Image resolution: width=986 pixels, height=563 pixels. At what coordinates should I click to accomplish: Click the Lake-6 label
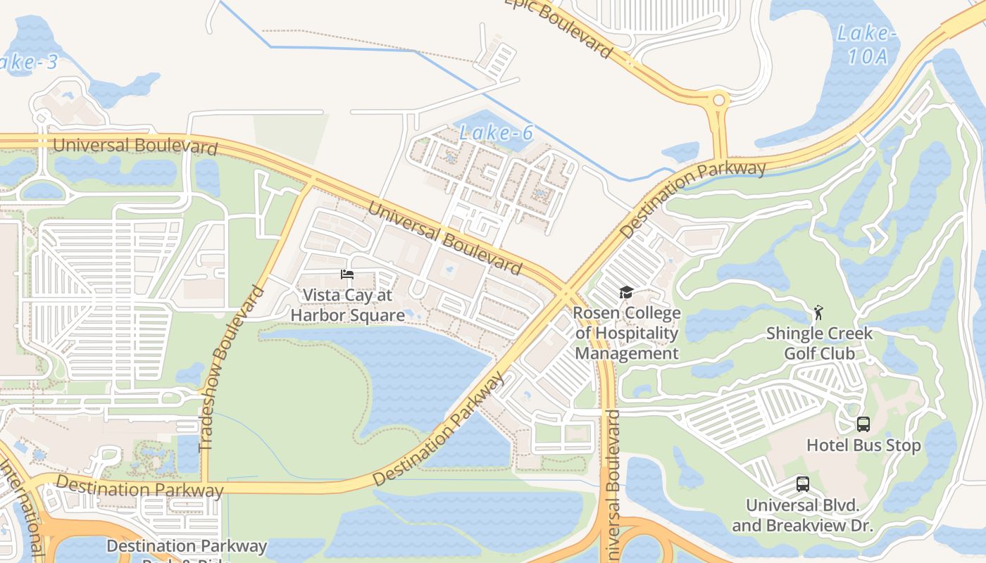[x=496, y=132]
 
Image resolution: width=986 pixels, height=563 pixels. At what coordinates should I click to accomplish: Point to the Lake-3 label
[x=28, y=62]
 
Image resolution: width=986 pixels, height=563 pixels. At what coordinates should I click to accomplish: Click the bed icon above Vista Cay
[x=347, y=274]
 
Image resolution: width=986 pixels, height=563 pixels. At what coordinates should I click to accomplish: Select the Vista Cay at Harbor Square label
[x=347, y=305]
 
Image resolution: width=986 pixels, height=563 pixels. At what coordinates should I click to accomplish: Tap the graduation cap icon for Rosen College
[x=626, y=293]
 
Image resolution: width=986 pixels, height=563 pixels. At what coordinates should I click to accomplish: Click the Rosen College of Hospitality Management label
[x=626, y=333]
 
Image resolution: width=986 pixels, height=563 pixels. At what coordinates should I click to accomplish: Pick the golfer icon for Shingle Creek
[x=818, y=312]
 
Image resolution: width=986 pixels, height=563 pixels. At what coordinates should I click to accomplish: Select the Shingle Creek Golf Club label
[x=819, y=343]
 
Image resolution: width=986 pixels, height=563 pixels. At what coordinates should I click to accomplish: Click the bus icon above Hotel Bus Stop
[x=863, y=424]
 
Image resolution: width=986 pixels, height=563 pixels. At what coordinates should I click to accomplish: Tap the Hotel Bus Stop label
[x=863, y=445]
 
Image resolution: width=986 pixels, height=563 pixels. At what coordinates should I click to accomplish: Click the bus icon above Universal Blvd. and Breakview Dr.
[x=802, y=484]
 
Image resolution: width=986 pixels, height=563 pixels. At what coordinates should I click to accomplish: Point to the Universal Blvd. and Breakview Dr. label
[x=802, y=515]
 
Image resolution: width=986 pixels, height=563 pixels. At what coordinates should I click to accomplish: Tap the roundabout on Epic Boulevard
[x=718, y=100]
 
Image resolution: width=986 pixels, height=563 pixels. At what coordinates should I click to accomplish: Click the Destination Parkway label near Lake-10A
[x=693, y=198]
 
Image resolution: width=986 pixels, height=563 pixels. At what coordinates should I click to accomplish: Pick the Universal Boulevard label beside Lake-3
[x=135, y=146]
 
